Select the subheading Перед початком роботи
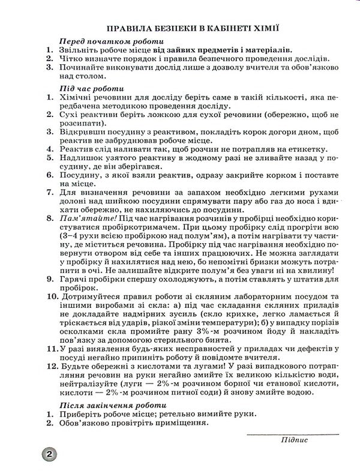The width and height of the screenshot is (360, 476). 108,41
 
